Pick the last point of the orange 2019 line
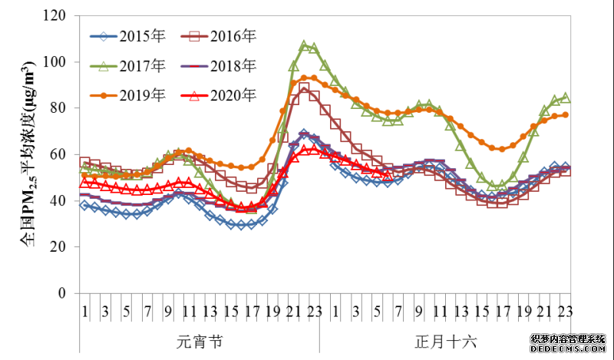tap(564, 115)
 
